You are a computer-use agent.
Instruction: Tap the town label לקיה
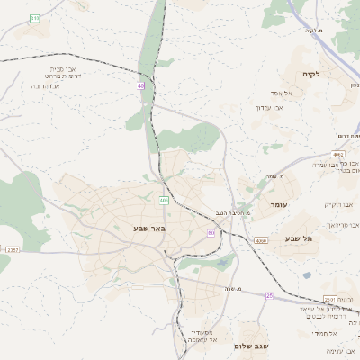pos(311,74)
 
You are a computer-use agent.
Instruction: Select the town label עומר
pos(277,206)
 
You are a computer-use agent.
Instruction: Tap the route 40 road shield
pos(141,86)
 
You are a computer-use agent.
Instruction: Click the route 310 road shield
pos(34,18)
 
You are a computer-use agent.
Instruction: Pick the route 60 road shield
pos(211,233)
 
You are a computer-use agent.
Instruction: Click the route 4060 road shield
pos(260,241)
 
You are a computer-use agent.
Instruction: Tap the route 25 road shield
pos(269,295)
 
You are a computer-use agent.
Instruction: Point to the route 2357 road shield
pos(12,249)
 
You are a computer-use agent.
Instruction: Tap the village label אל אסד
pos(274,92)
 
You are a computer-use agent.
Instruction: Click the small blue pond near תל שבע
pos(307,275)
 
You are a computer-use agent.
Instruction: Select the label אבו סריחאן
pos(343,224)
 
